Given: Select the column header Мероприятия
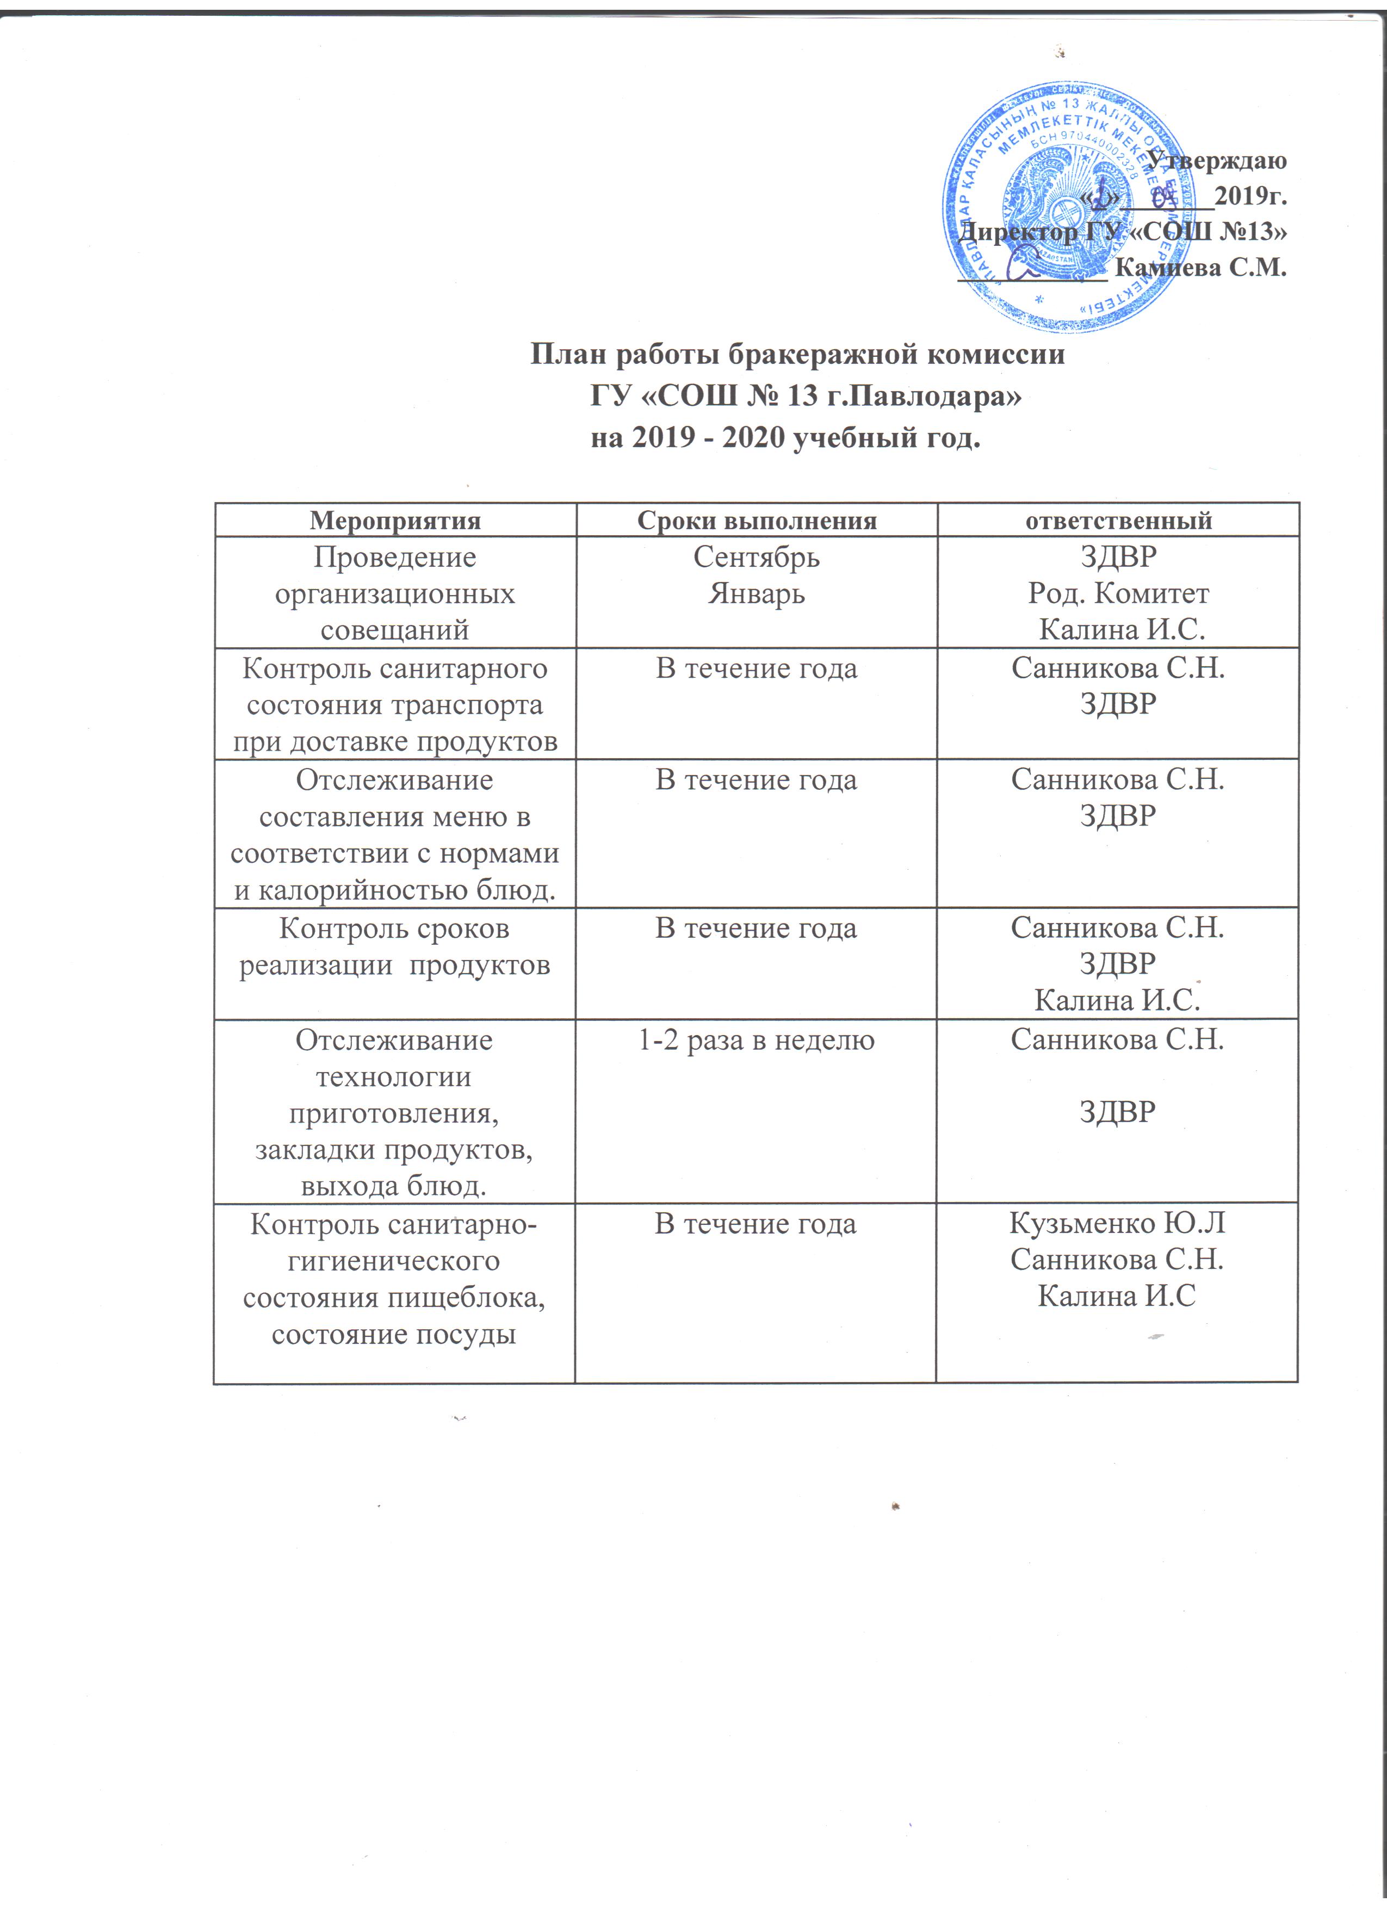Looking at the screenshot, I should click(395, 521).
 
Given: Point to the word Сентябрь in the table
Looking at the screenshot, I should click(756, 557).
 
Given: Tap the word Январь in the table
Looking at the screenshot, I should click(756, 594).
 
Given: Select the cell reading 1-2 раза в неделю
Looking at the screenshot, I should click(756, 1040).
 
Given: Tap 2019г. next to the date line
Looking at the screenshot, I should click(1250, 196).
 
